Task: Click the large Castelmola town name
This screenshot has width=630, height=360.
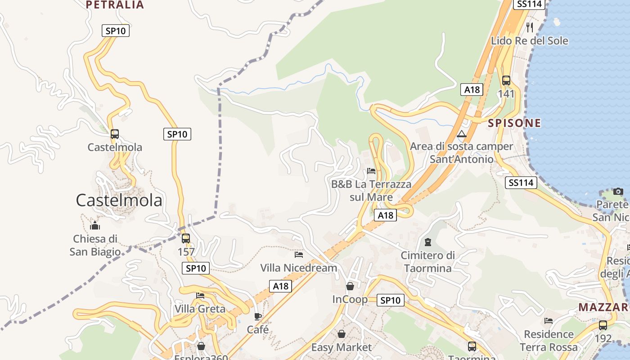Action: (x=119, y=200)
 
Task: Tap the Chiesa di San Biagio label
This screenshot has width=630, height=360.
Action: (x=95, y=245)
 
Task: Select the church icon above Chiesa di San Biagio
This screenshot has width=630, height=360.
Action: (x=95, y=225)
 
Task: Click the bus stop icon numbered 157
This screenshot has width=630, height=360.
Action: (x=186, y=238)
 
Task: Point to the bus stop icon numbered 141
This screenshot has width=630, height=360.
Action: (x=506, y=81)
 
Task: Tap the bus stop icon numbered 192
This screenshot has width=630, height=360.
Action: (x=603, y=325)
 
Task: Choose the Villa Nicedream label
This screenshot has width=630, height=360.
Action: (x=298, y=268)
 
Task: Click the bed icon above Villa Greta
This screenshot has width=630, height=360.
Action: (x=200, y=296)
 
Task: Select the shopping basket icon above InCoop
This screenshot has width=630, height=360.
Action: (x=350, y=286)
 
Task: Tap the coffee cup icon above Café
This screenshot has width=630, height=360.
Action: (x=258, y=316)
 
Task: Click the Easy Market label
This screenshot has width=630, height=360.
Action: (x=342, y=347)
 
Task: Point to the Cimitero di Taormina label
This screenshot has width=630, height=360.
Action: (x=427, y=261)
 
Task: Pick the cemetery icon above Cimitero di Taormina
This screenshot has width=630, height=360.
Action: (x=428, y=243)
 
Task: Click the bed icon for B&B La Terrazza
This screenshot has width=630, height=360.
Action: (x=371, y=171)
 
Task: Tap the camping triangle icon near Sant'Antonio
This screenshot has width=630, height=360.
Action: (x=461, y=134)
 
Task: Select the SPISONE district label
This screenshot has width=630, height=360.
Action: (x=514, y=123)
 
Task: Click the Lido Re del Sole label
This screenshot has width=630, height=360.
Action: (x=529, y=41)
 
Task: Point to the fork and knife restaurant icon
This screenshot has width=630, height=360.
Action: (x=530, y=27)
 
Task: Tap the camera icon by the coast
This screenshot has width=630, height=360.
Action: (x=618, y=192)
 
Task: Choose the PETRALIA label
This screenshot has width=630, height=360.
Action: (x=115, y=5)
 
